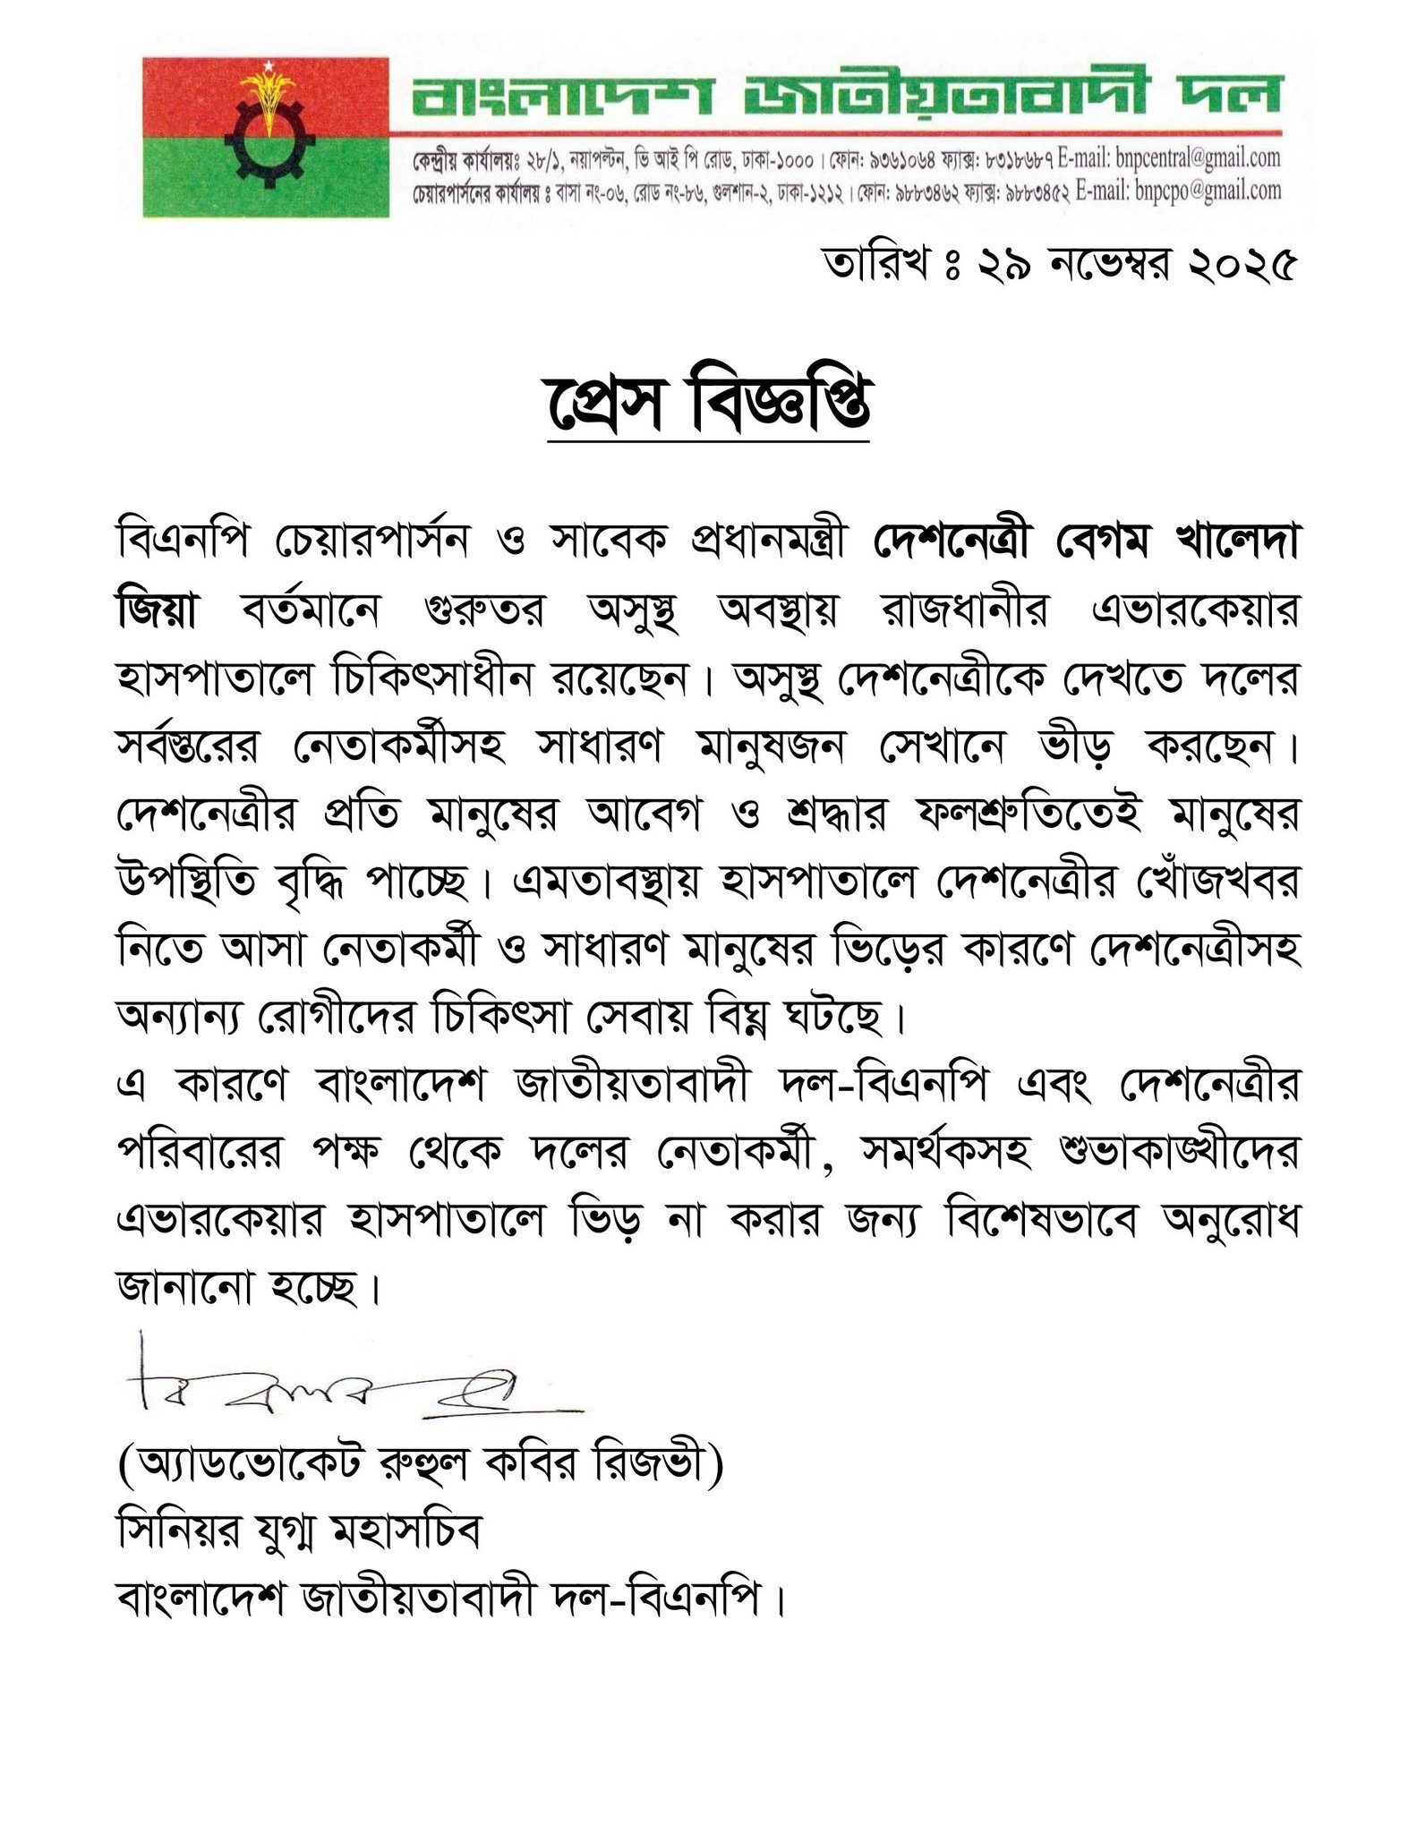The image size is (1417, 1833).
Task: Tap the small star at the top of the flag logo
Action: pyautogui.click(x=265, y=68)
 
